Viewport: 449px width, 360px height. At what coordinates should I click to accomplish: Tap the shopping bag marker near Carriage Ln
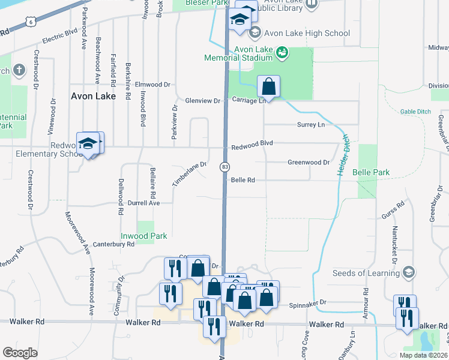(269, 87)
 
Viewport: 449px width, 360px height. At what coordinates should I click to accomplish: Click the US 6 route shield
(30, 21)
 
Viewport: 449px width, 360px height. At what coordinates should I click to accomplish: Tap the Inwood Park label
(144, 236)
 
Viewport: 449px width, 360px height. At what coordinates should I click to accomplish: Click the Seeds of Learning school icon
(409, 273)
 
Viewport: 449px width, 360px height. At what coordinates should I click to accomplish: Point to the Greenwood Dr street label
(309, 163)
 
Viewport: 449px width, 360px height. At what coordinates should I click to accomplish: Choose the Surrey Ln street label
(310, 124)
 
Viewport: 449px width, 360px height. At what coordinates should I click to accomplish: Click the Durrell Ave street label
(143, 203)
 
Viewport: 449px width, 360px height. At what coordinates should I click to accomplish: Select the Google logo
(20, 353)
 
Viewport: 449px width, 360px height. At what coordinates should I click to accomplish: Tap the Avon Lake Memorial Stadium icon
(281, 54)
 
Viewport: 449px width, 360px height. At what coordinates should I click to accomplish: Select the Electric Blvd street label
(60, 35)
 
